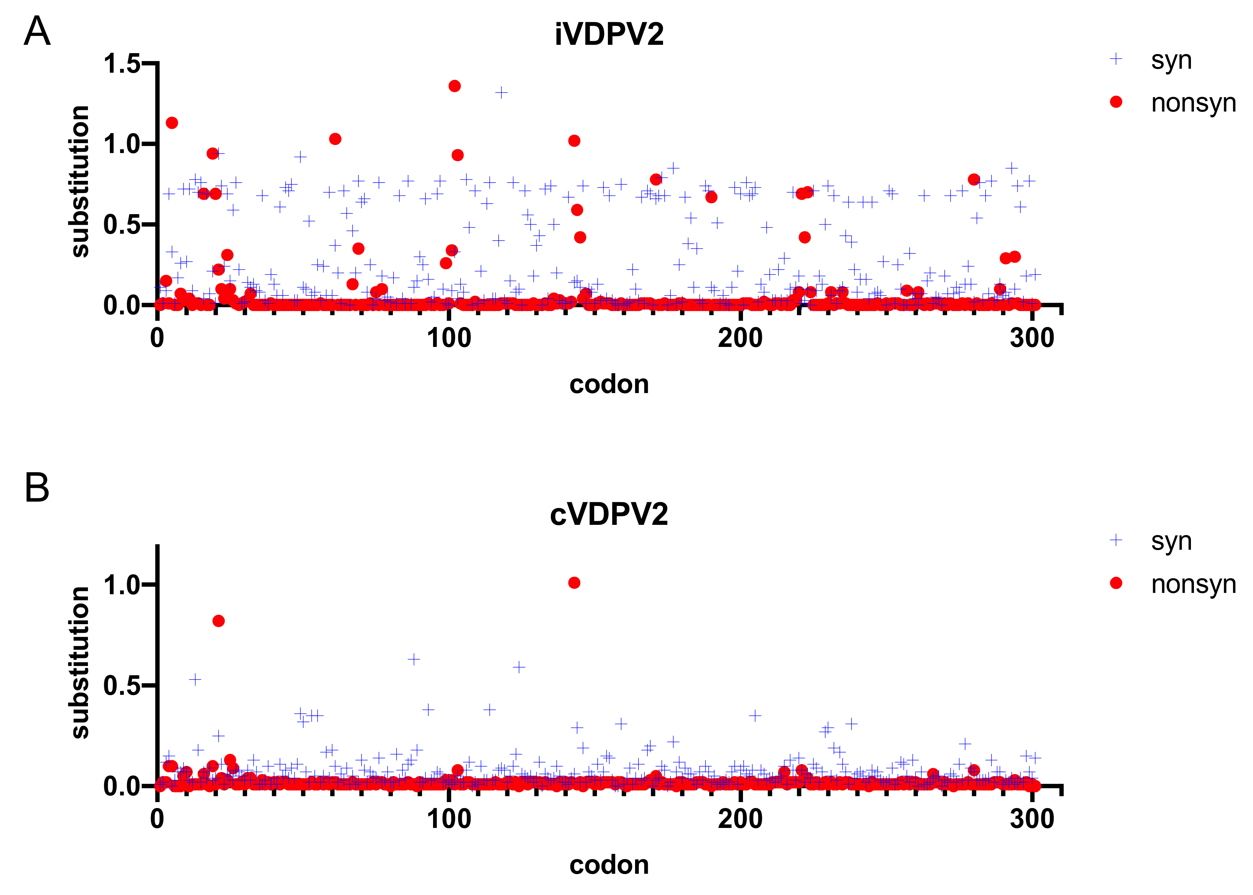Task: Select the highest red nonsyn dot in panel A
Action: pyautogui.click(x=454, y=86)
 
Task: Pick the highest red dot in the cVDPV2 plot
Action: pyautogui.click(x=574, y=583)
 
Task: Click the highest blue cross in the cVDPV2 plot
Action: pyautogui.click(x=413, y=659)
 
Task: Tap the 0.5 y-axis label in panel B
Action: pyautogui.click(x=122, y=686)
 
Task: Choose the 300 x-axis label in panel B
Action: pyautogui.click(x=1032, y=818)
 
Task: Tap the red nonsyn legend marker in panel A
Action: pyautogui.click(x=1116, y=102)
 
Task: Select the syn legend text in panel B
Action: pyautogui.click(x=1171, y=541)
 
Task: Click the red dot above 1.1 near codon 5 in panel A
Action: pyautogui.click(x=172, y=123)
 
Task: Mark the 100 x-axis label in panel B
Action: pyautogui.click(x=449, y=818)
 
